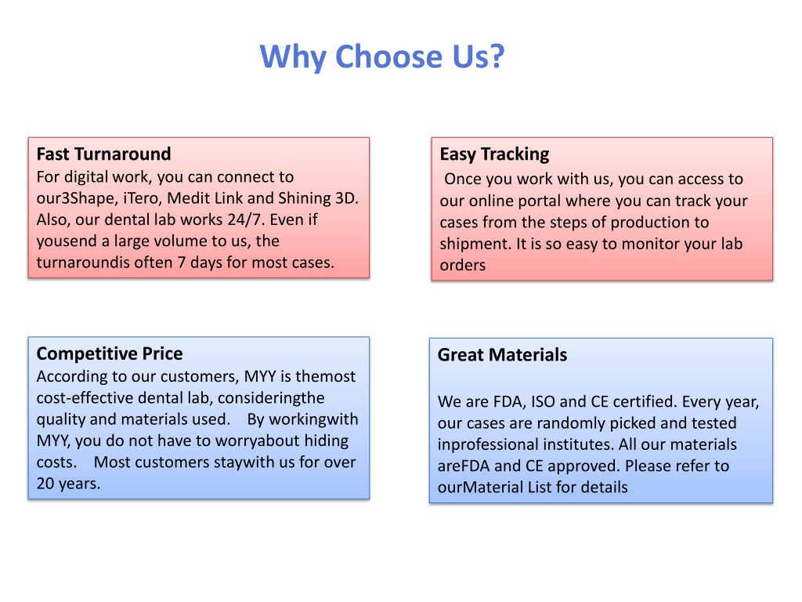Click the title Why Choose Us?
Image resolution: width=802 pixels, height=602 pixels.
[382, 56]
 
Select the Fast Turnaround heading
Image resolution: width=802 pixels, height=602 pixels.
[104, 154]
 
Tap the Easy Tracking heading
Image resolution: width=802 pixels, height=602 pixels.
[495, 154]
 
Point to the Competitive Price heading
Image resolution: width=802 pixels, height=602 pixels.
[110, 354]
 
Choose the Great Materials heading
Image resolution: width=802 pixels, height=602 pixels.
[502, 355]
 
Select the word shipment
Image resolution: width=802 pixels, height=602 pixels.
[475, 244]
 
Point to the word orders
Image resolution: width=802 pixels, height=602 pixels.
[462, 265]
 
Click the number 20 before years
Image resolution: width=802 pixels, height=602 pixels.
[45, 483]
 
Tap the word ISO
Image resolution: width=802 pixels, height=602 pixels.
[543, 401]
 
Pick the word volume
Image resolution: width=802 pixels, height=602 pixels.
[179, 241]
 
